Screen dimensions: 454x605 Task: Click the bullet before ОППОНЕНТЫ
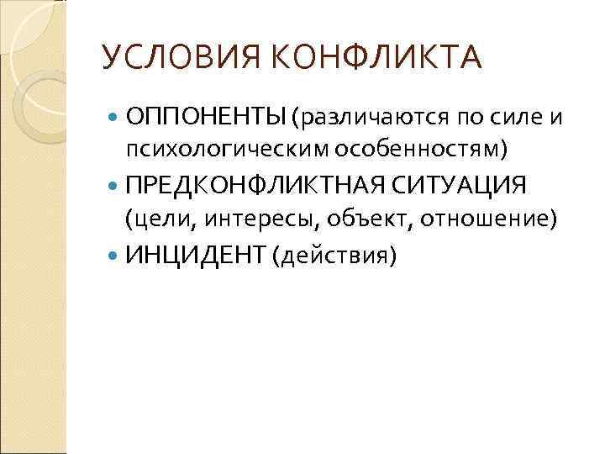[x=115, y=114]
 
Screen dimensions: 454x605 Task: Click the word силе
[x=508, y=114]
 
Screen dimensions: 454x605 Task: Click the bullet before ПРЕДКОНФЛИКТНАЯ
[x=115, y=184]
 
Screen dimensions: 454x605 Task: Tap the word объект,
[x=368, y=219]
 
